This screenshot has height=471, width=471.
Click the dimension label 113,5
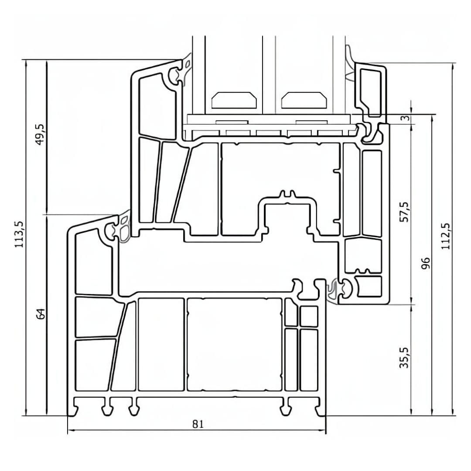coord(19,234)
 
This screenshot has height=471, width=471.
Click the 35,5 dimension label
coord(404,358)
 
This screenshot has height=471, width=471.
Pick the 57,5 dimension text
coord(404,212)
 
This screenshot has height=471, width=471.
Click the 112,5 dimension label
coord(445,235)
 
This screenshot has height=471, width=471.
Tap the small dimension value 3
coord(405,118)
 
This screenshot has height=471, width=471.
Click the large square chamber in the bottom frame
coord(235,345)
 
